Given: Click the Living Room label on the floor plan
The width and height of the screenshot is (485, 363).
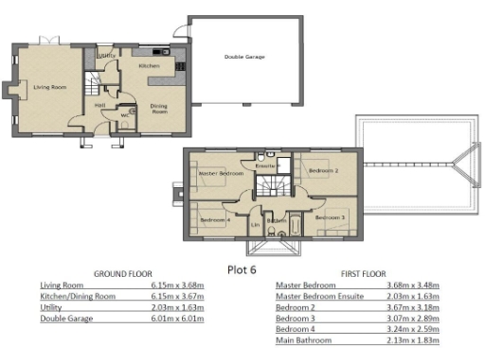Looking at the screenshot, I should click(x=49, y=87).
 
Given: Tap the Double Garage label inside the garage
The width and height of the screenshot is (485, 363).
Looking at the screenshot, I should click(x=244, y=58).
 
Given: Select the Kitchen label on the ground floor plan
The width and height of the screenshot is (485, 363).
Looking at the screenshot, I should click(x=150, y=67).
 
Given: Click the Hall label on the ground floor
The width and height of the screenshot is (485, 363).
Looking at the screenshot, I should click(x=99, y=105).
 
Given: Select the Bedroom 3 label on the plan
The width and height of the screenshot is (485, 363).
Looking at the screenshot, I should click(x=329, y=217).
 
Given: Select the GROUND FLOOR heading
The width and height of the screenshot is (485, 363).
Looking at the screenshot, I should click(x=122, y=274).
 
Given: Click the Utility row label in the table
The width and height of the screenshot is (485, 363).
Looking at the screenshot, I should click(x=52, y=307).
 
